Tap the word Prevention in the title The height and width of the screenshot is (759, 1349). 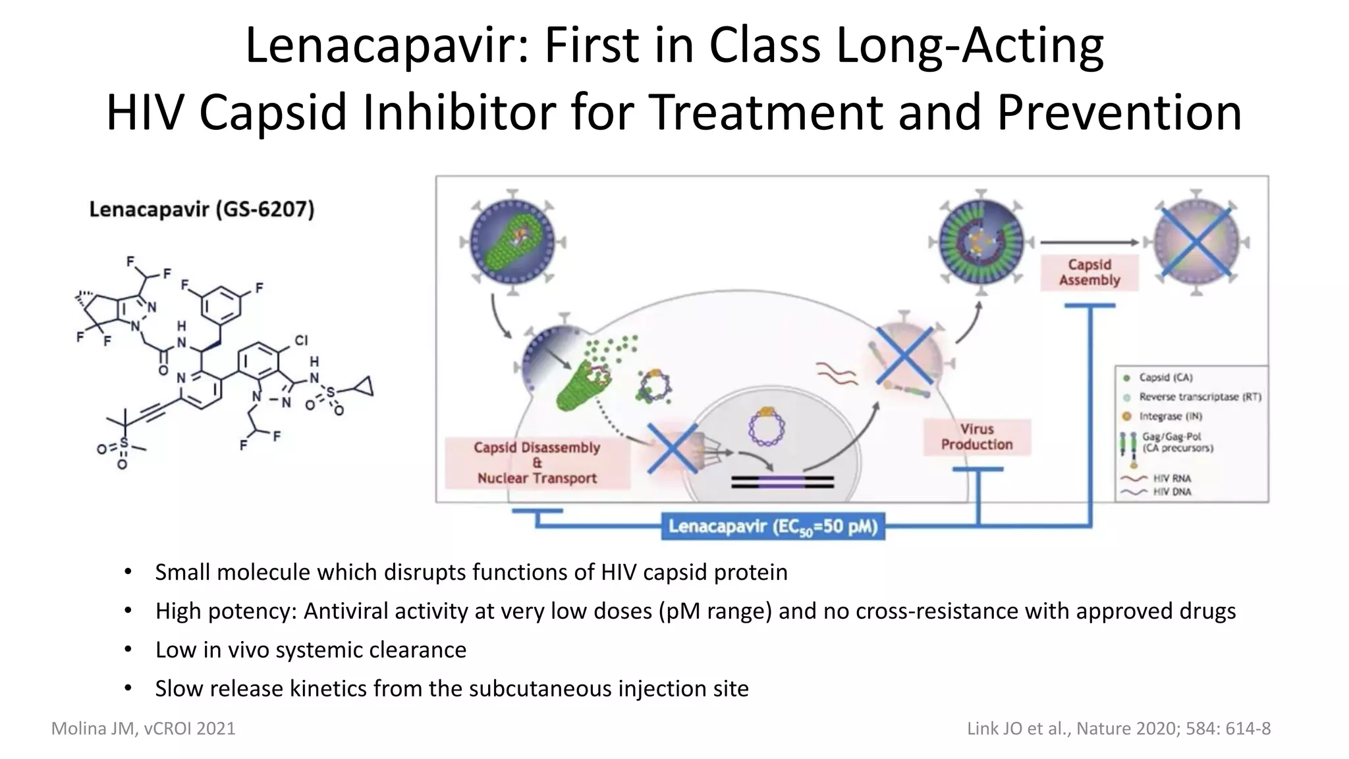point(1119,112)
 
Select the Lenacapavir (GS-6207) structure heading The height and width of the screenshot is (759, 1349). point(202,210)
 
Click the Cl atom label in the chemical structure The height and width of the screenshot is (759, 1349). point(301,340)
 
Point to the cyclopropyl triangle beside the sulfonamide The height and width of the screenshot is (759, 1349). point(363,387)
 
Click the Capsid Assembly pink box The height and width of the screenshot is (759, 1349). point(1089,272)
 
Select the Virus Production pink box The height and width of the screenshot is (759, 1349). point(977,437)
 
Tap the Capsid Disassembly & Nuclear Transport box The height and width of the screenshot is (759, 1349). point(537,463)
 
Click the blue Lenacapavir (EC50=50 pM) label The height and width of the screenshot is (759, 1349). point(773,526)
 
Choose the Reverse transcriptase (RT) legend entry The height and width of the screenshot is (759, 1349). point(1199,397)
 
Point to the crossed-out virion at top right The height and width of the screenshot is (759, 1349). point(1196,242)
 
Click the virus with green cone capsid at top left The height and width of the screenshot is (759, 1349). point(511,242)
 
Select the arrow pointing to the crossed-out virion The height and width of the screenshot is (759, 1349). point(1089,242)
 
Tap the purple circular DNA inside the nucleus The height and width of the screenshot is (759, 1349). point(767,427)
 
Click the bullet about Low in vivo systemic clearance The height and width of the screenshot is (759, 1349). point(310,650)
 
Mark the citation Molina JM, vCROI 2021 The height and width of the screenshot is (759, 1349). point(143,728)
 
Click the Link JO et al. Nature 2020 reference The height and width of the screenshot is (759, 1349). point(1118,728)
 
